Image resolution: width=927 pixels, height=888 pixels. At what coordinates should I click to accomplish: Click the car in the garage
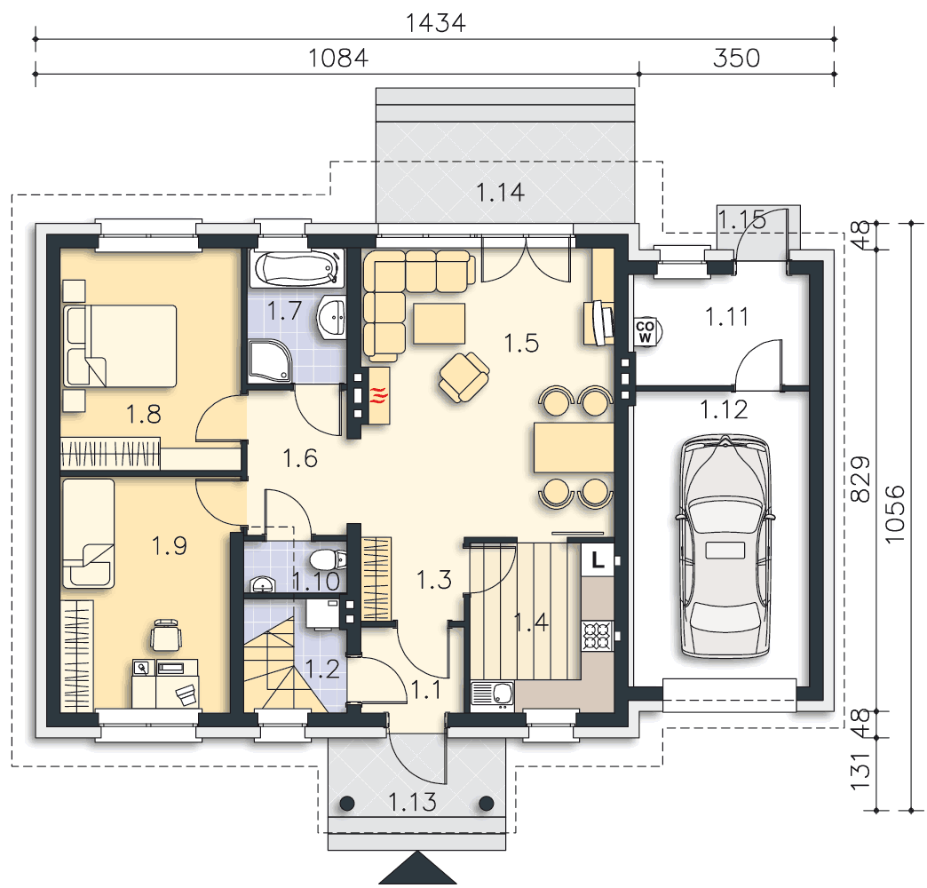click(x=725, y=546)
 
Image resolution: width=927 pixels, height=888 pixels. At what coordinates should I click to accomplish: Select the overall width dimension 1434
click(x=436, y=22)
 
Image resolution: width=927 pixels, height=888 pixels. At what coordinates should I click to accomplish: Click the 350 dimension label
click(x=736, y=58)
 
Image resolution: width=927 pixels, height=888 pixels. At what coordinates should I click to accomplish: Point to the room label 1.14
click(x=500, y=193)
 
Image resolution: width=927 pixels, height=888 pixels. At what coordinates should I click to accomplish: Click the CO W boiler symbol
click(x=646, y=332)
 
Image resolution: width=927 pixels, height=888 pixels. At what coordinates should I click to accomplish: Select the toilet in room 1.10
click(x=328, y=559)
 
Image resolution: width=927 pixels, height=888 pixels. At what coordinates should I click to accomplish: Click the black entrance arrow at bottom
click(x=418, y=868)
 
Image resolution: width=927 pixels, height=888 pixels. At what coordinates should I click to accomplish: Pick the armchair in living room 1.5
click(x=464, y=377)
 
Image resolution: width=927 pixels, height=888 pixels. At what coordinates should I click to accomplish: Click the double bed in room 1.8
click(x=120, y=345)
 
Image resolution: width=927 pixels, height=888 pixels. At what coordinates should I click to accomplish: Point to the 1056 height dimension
click(x=896, y=514)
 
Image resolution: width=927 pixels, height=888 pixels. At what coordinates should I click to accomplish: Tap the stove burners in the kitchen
click(x=596, y=636)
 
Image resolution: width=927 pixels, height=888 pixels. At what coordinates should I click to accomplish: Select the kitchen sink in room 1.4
click(x=493, y=694)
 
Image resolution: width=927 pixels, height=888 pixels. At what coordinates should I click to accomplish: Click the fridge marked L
click(x=598, y=559)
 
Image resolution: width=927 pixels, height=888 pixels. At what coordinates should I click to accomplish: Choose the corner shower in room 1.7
click(x=270, y=361)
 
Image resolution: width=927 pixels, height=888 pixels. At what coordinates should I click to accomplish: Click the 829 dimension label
click(x=860, y=479)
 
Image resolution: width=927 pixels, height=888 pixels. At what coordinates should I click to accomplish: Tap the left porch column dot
click(x=347, y=804)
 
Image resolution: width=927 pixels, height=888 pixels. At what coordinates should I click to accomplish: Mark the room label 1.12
click(x=724, y=409)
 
